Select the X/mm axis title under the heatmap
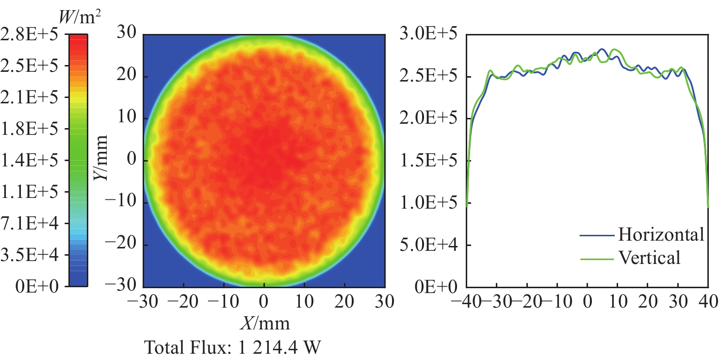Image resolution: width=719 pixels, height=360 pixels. (x=264, y=323)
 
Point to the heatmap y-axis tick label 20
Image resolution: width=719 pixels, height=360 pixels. (x=127, y=77)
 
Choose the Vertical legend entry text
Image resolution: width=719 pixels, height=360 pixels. (x=649, y=257)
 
